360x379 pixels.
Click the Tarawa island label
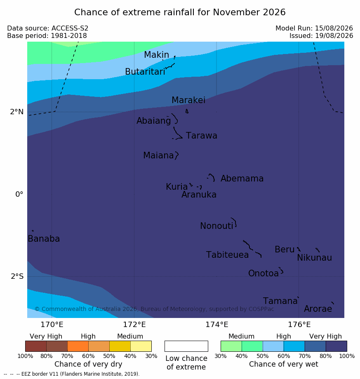click(201, 136)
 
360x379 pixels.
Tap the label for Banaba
click(44, 239)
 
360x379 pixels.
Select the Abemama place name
click(242, 179)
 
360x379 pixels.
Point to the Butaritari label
click(145, 71)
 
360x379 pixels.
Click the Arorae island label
click(318, 309)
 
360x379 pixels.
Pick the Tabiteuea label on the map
click(227, 255)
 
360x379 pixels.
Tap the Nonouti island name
click(216, 226)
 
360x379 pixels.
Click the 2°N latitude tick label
click(17, 112)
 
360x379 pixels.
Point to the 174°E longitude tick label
click(217, 325)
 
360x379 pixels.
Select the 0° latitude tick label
click(19, 194)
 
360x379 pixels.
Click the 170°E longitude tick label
click(52, 325)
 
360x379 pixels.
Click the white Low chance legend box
click(186, 346)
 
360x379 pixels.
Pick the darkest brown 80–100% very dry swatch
click(36, 346)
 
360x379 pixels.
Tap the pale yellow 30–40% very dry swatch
click(141, 346)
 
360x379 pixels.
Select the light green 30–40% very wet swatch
click(231, 346)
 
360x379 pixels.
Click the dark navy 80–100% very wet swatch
click(336, 346)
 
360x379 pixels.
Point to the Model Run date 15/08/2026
click(334, 28)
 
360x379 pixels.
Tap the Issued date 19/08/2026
click(334, 36)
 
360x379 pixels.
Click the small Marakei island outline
click(187, 111)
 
